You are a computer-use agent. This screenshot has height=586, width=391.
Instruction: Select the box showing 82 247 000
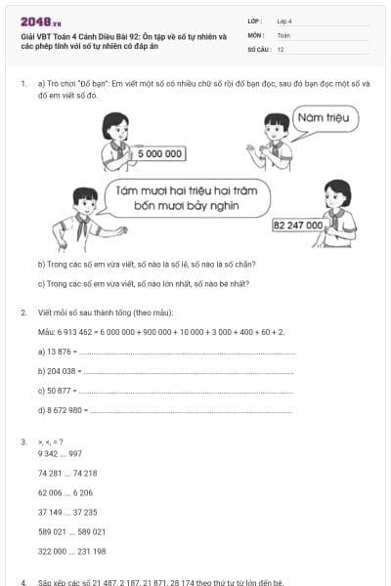pyautogui.click(x=299, y=225)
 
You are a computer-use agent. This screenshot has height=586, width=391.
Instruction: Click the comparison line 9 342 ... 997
pyautogui.click(x=60, y=453)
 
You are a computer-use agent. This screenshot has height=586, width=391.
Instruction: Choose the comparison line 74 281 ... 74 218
pyautogui.click(x=67, y=473)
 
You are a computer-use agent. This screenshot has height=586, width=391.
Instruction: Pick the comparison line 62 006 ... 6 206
pyautogui.click(x=65, y=492)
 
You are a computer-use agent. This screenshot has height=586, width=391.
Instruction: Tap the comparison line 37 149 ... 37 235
pyautogui.click(x=67, y=512)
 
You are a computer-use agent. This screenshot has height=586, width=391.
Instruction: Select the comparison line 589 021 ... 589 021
pyautogui.click(x=71, y=531)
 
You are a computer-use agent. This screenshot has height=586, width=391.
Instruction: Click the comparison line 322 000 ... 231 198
pyautogui.click(x=71, y=551)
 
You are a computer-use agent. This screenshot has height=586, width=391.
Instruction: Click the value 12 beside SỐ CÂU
pyautogui.click(x=282, y=48)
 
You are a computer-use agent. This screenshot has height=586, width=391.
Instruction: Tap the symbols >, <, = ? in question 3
pyautogui.click(x=51, y=442)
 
